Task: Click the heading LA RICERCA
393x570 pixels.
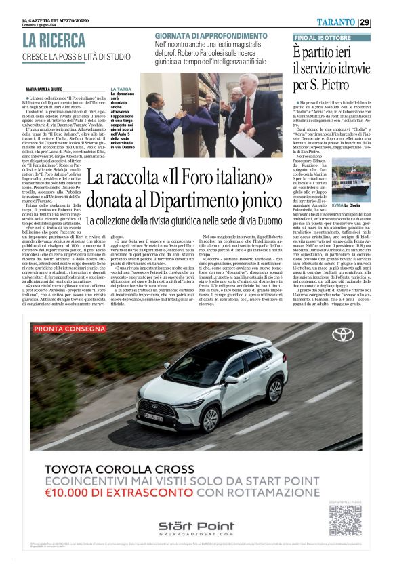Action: (x=54, y=40)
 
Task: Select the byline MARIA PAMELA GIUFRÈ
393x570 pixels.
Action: (x=49, y=89)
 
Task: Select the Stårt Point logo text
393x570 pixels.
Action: (x=196, y=526)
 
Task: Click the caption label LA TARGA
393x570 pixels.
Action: (x=121, y=89)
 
